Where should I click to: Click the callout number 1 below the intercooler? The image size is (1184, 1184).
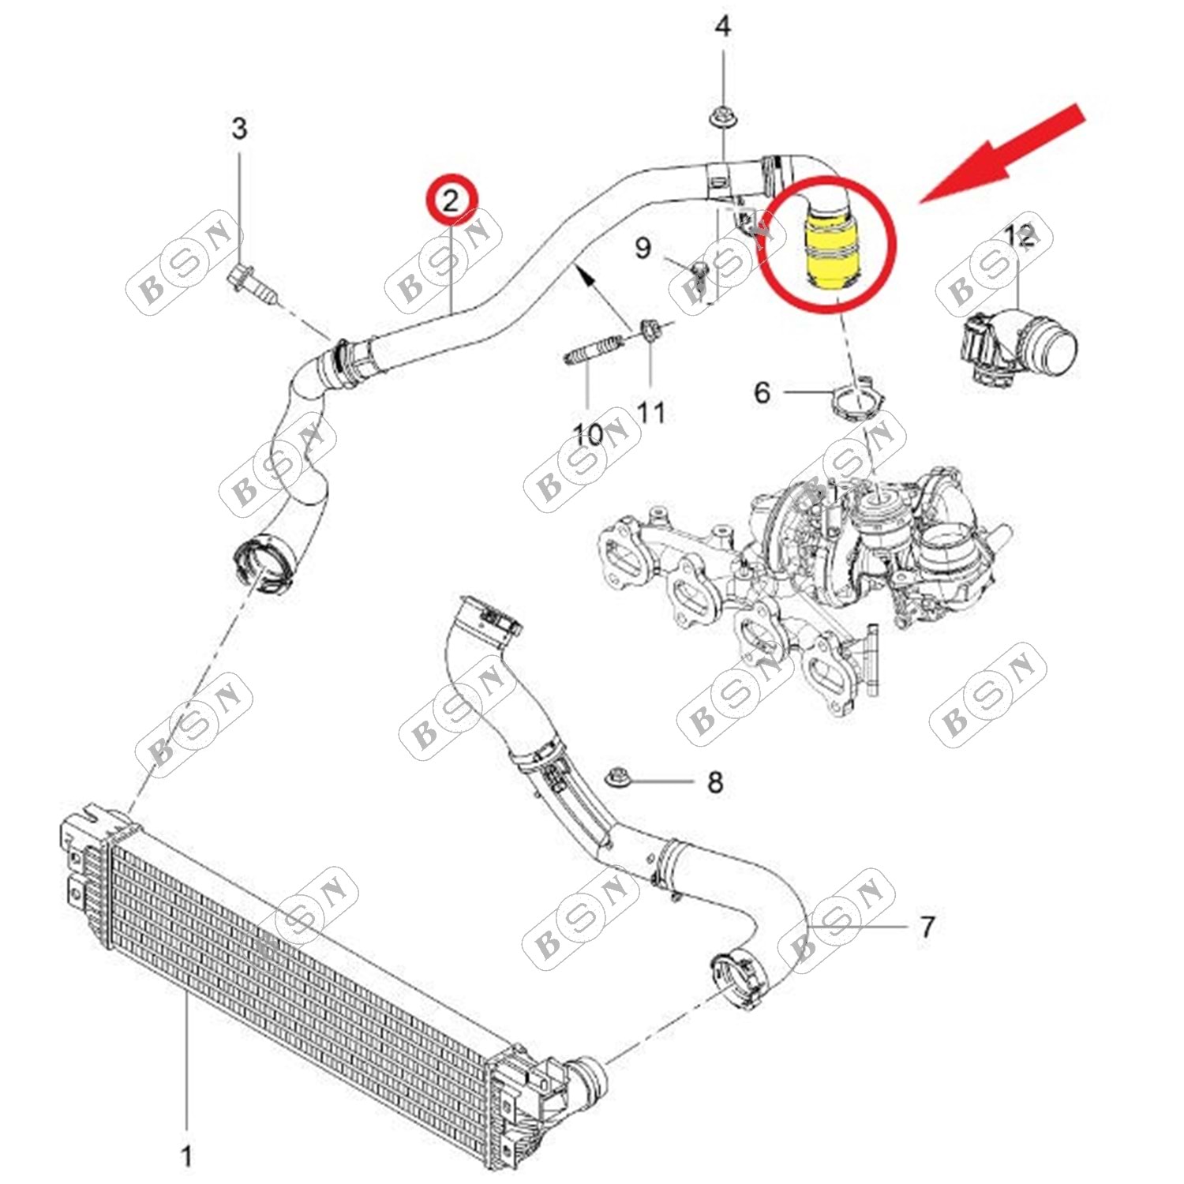point(186,1156)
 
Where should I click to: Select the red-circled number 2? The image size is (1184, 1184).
point(450,200)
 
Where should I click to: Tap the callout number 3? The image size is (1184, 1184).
point(239,128)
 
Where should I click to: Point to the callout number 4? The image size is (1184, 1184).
point(722,27)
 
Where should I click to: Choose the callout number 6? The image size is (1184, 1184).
point(762,392)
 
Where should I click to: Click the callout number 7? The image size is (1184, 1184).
point(927,926)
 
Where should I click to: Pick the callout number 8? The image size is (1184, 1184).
point(715,782)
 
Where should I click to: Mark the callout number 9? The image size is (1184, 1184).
point(643,248)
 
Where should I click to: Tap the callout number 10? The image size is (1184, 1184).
point(588,433)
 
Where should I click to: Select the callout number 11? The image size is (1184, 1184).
point(650,412)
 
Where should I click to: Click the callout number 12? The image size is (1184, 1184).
point(1019,234)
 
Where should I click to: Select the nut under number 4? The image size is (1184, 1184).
point(722,119)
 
